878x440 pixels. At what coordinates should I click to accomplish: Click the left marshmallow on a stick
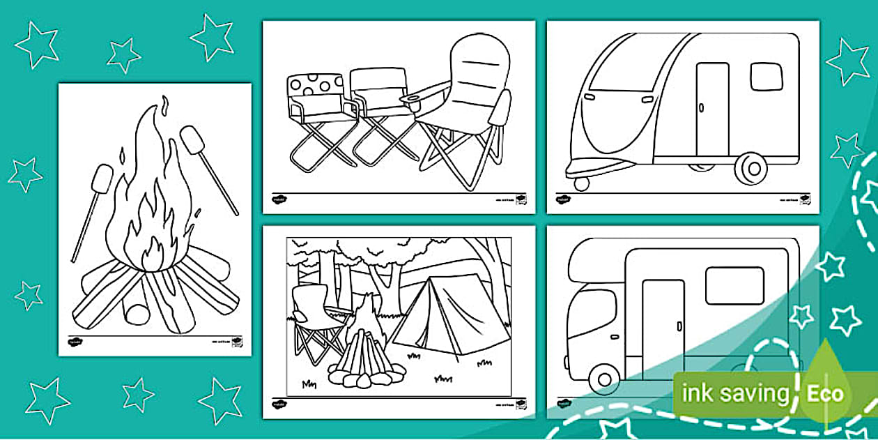(102, 179)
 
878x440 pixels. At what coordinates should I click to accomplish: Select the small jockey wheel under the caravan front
(581, 183)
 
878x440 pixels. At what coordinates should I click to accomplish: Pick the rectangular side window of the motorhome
(734, 286)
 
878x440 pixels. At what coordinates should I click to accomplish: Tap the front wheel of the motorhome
(603, 379)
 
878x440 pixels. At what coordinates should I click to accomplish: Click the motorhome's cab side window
(591, 312)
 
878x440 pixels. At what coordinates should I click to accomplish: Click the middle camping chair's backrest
(378, 88)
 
